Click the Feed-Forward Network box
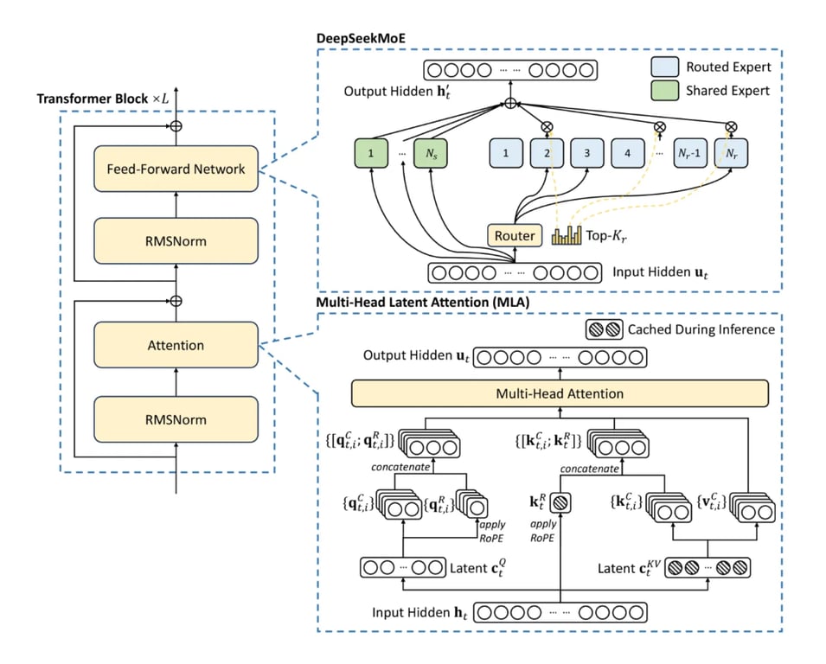[176, 169]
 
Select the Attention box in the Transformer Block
[176, 345]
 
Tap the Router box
[515, 235]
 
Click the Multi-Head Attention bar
[560, 394]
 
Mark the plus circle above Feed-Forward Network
[176, 125]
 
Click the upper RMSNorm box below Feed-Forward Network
[176, 241]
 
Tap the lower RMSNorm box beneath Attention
[176, 420]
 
